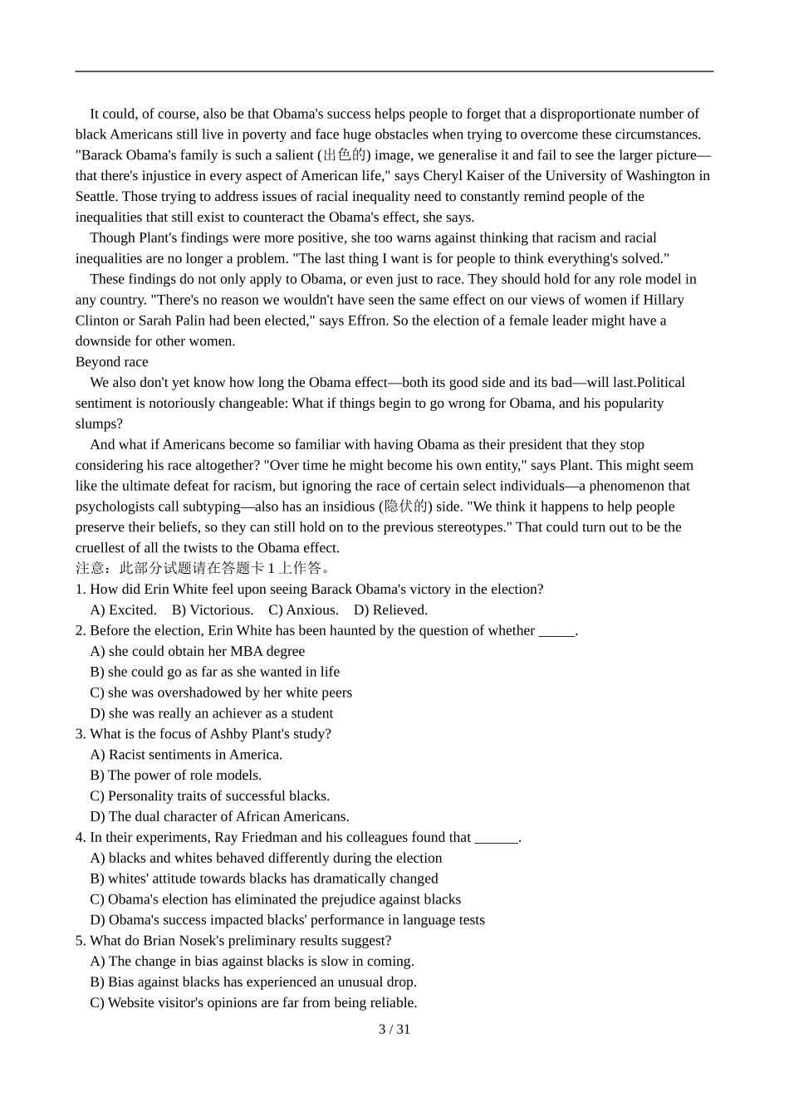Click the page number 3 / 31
click(394, 1030)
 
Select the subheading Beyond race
click(111, 362)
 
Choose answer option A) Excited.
click(123, 610)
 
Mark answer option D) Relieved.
click(390, 610)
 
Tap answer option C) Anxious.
click(303, 610)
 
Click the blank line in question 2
click(556, 631)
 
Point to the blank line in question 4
click(497, 838)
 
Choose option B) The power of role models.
click(176, 776)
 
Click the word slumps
click(98, 424)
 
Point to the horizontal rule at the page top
click(394, 71)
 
